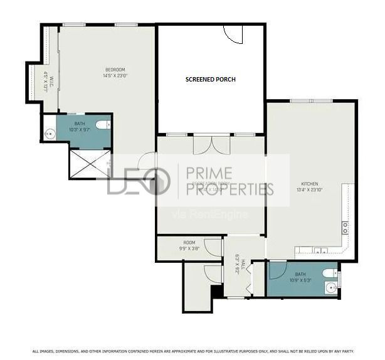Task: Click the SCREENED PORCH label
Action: coord(209,80)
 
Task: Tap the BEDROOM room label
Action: coord(115,69)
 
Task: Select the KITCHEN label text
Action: coord(309,184)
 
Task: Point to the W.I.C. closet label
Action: coord(48,80)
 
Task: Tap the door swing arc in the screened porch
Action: coord(233,34)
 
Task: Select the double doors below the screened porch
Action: coord(211,145)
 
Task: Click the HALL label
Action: coord(238,263)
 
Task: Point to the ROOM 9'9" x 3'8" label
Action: coord(189,245)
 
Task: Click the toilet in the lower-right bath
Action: coord(330,273)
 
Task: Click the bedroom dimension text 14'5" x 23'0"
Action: coord(116,75)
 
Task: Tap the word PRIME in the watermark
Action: coord(206,173)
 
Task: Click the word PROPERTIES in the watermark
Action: coord(226,189)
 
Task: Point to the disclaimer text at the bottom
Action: coord(193,351)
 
